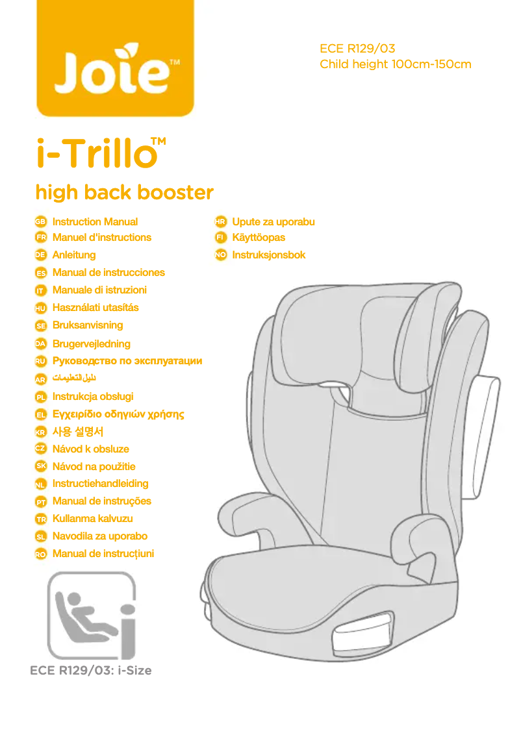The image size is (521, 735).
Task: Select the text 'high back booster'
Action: click(124, 192)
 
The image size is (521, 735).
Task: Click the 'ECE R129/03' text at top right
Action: click(357, 49)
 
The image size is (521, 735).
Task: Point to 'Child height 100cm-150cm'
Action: click(395, 64)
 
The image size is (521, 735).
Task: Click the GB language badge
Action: click(40, 222)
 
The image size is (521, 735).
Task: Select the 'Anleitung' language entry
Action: click(74, 255)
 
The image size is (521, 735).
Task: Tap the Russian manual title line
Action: click(127, 360)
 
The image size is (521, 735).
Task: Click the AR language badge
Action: click(40, 379)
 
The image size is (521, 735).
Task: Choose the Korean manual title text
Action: click(78, 431)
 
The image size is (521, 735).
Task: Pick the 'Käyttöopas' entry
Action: click(259, 238)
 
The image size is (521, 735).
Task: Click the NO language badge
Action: click(221, 255)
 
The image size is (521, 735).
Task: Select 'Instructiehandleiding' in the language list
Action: click(100, 484)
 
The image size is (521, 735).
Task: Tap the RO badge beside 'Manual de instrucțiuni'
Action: click(40, 554)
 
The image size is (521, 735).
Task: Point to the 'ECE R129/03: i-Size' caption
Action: click(91, 671)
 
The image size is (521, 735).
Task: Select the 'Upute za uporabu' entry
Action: click(273, 222)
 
